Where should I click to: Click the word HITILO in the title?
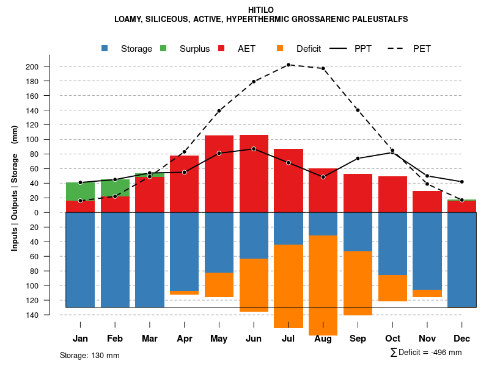261,10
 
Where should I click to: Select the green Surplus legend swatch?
163,48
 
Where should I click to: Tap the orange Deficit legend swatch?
280,48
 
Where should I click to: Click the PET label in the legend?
422,49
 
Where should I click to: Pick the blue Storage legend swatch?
105,48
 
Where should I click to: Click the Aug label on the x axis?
323,339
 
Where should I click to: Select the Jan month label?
80,339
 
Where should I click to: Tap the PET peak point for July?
289,65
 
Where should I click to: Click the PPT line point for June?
254,149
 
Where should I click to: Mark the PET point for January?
80,201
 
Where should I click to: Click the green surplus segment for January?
80,192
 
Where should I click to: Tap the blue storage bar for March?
150,259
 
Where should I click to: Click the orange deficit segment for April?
185,293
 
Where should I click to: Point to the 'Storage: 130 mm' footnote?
89,356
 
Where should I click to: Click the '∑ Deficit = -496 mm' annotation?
425,353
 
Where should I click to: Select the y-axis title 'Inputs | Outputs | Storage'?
14,188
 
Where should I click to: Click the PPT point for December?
462,182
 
